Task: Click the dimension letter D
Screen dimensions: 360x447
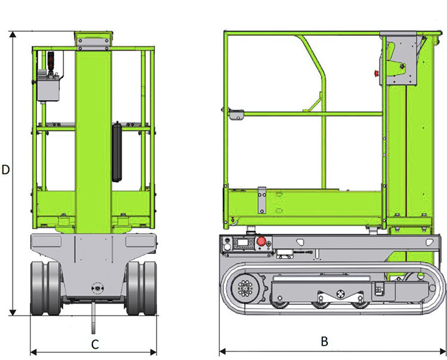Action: click(6, 169)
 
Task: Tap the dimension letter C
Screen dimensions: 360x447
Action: click(94, 344)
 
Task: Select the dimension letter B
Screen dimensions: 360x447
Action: click(324, 342)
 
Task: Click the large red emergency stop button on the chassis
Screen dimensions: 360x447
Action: click(261, 241)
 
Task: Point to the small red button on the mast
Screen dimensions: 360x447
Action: click(375, 74)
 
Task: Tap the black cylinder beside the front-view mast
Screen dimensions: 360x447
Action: click(117, 151)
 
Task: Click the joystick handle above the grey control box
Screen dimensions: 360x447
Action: click(51, 62)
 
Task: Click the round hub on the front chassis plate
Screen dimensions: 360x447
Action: click(94, 287)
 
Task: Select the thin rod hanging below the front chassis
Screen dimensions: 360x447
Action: click(94, 316)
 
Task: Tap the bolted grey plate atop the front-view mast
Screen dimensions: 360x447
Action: click(93, 39)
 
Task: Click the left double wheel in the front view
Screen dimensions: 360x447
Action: click(45, 288)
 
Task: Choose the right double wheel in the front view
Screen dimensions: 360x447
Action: click(142, 288)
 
